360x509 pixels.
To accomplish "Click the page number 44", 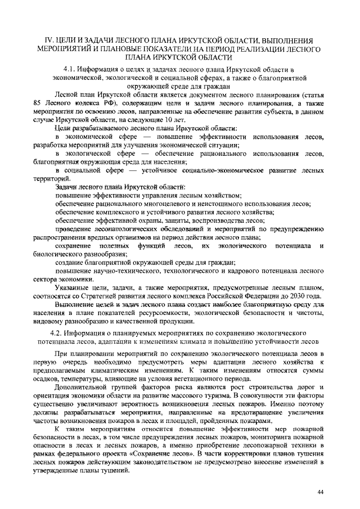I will tap(320, 492).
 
